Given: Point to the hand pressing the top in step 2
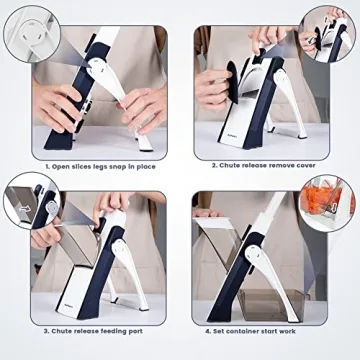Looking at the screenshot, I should point(270,40).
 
